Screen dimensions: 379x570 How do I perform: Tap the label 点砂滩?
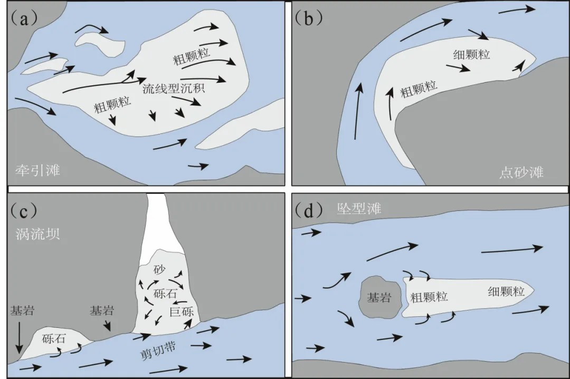pyautogui.click(x=521, y=172)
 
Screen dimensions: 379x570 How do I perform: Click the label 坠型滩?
pyautogui.click(x=359, y=209)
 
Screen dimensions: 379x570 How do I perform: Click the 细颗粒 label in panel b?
pyautogui.click(x=471, y=54)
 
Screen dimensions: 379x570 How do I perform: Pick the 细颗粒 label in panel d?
pyautogui.click(x=506, y=291)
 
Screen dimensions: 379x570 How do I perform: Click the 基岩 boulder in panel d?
pyautogui.click(x=379, y=297)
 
